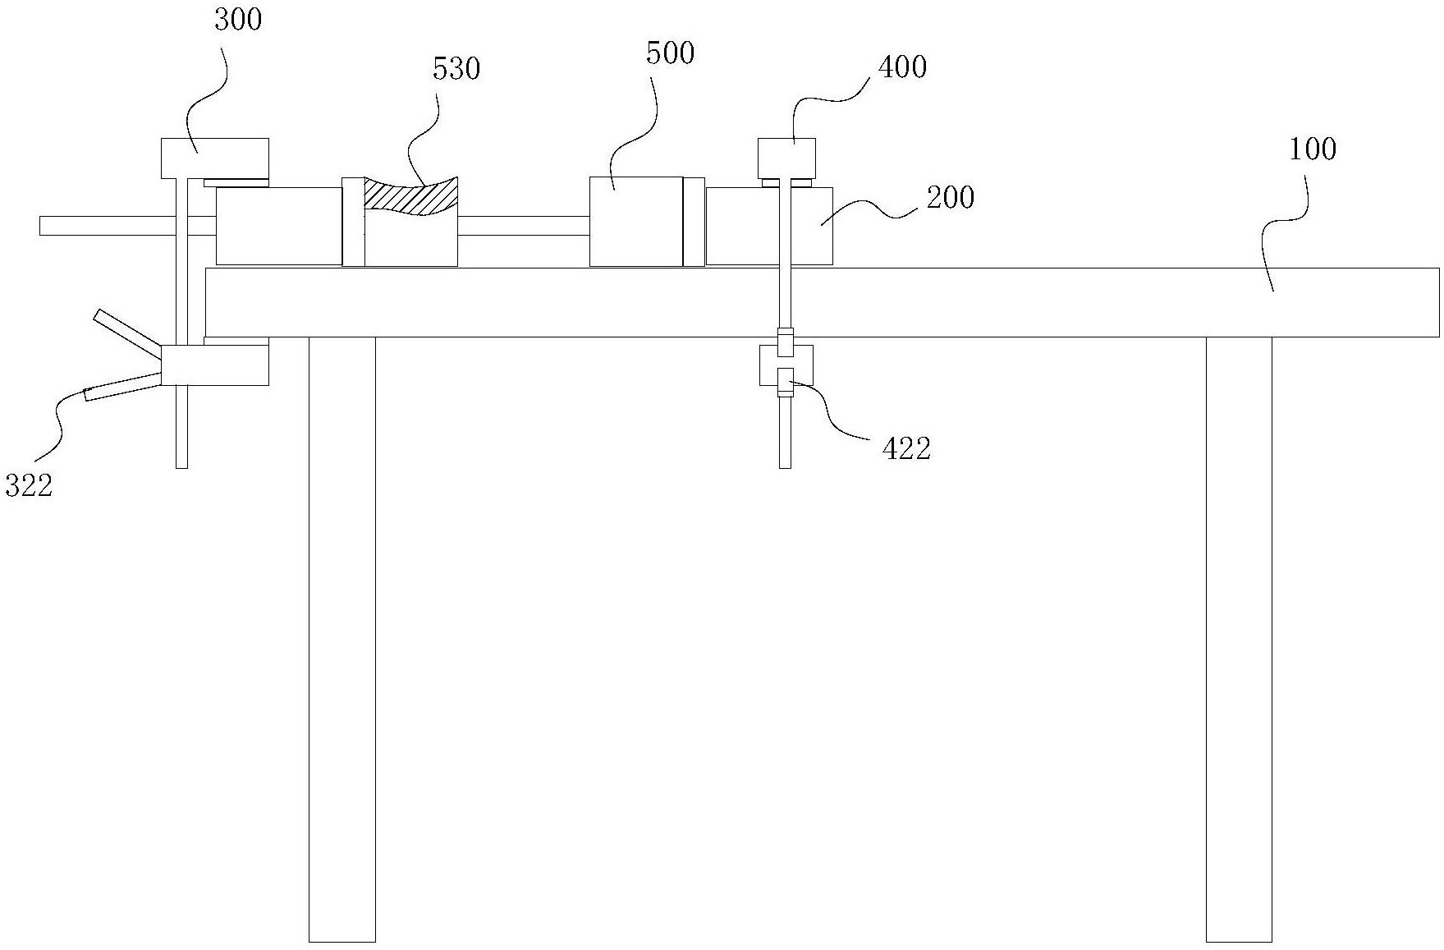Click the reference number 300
[238, 20]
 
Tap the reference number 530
[456, 69]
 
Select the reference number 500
[670, 54]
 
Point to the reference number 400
[902, 67]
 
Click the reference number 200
[951, 198]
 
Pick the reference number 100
[1313, 149]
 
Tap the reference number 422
[906, 448]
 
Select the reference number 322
[29, 485]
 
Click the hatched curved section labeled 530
[410, 197]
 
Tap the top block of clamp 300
[214, 157]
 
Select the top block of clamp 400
[786, 158]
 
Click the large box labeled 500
[635, 221]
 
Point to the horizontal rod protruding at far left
[107, 225]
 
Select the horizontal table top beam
[821, 302]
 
